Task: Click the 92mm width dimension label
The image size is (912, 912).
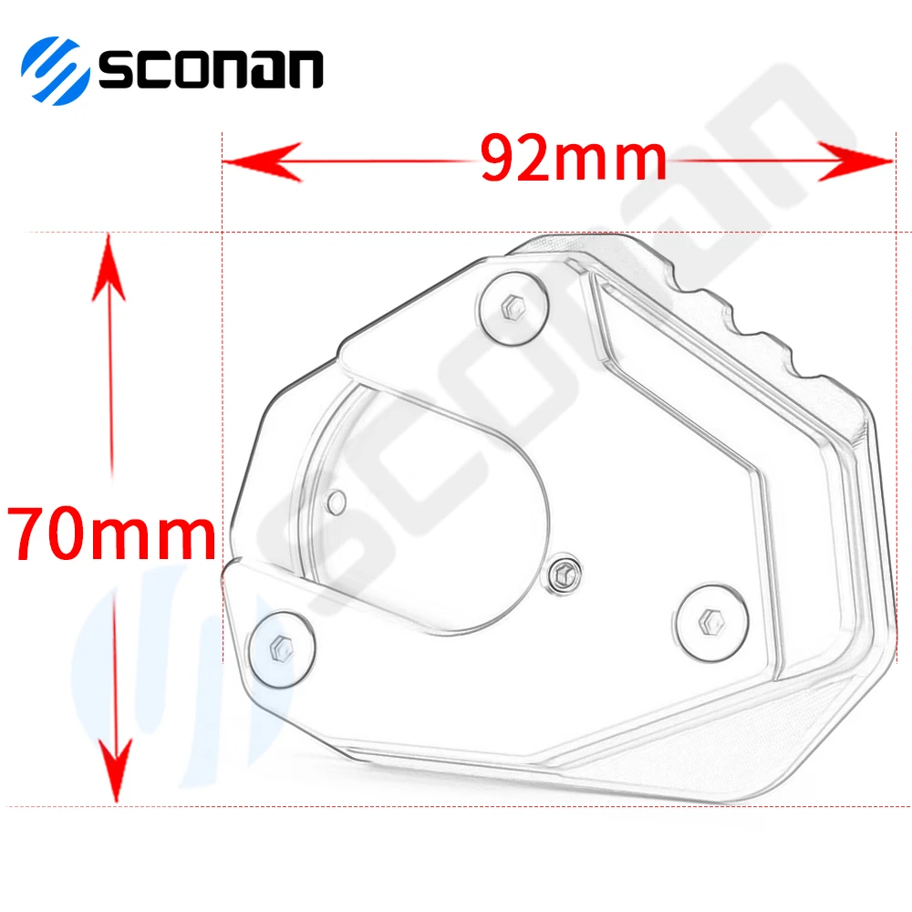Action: tap(574, 160)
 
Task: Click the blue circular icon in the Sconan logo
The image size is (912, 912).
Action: tap(55, 68)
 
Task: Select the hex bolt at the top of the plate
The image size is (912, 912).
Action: tap(513, 307)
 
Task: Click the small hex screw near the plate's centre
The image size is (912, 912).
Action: tap(563, 574)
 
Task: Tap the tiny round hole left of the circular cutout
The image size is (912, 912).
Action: tap(337, 500)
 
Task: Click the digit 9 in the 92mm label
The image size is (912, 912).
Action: tap(503, 160)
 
